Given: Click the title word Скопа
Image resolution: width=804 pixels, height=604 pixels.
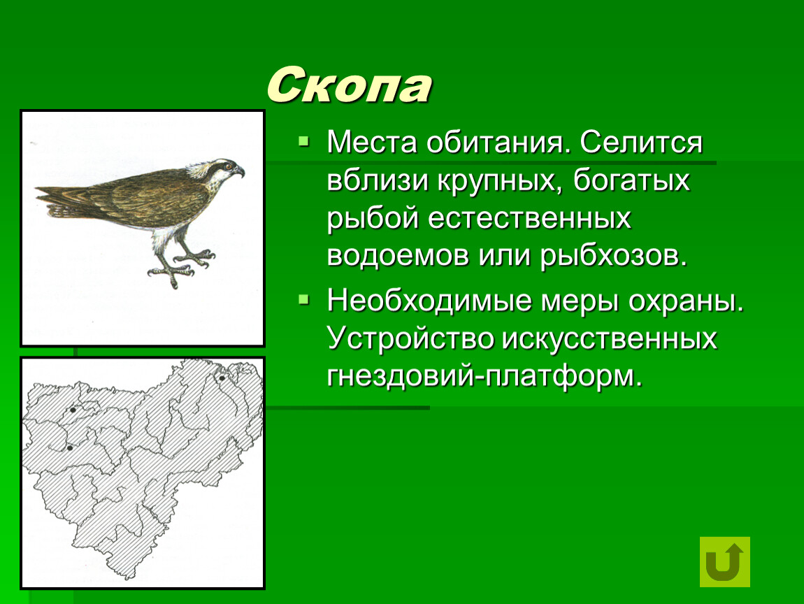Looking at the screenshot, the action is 349,85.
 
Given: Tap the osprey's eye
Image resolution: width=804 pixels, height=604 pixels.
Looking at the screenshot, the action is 227,166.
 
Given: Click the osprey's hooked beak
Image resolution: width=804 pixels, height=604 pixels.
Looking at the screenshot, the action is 239,171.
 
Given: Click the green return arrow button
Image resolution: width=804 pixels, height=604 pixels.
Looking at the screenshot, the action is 724,561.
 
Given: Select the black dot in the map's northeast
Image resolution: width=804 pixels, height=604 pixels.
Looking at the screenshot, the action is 222,378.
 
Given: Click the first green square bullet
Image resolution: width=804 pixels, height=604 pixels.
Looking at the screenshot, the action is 304,141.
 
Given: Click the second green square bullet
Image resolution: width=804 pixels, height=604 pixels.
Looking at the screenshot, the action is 304,299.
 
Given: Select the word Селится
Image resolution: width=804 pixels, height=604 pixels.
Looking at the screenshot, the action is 641,142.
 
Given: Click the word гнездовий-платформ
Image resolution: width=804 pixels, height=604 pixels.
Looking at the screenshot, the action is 484,377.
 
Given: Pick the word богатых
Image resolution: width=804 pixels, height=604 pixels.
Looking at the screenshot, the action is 632,180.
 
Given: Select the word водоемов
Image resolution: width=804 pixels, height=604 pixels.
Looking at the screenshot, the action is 398,256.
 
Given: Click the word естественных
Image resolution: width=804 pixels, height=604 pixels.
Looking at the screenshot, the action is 529,218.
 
